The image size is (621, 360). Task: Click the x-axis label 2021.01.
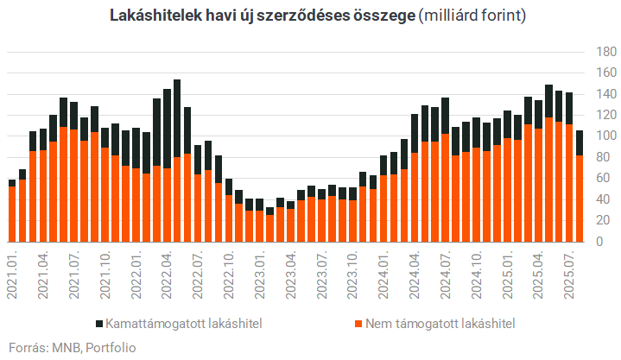tap(12, 273)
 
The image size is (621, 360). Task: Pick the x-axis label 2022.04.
tap(167, 273)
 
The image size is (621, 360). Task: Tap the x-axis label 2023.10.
tap(352, 273)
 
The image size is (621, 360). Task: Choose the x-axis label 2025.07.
tap(569, 273)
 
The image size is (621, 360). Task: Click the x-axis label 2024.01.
tap(383, 273)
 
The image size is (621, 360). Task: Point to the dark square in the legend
tap(97, 325)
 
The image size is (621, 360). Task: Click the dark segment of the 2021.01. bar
tap(12, 183)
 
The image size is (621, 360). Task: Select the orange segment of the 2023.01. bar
tap(259, 226)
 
